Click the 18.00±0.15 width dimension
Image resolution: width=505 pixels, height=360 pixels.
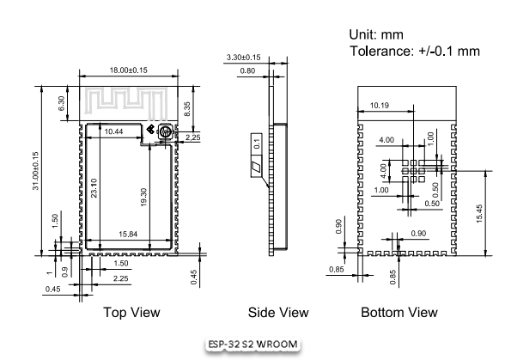(x=129, y=70)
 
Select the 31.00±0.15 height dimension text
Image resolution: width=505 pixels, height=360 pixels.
(x=36, y=171)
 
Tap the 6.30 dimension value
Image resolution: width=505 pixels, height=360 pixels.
(x=61, y=103)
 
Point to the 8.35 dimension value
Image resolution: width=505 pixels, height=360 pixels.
(x=187, y=109)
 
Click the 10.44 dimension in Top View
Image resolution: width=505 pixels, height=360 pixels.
(x=113, y=131)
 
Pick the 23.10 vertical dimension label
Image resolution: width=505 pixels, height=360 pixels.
(x=94, y=188)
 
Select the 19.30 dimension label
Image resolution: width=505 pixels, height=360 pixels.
(x=143, y=198)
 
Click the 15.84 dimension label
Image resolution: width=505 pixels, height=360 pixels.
(x=128, y=234)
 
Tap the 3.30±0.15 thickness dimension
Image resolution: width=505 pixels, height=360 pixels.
(x=244, y=58)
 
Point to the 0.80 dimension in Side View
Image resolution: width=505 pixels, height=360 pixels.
(x=247, y=70)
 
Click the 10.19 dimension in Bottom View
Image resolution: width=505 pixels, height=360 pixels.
(x=380, y=106)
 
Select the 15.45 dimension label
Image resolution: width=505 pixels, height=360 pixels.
(x=479, y=214)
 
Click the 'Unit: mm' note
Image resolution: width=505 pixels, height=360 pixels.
(x=376, y=34)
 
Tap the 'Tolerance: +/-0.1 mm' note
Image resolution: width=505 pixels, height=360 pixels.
(x=415, y=51)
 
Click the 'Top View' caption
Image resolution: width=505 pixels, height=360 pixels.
(x=131, y=312)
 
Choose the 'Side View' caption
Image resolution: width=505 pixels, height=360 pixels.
(x=278, y=312)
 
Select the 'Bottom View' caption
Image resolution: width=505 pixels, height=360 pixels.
(x=399, y=312)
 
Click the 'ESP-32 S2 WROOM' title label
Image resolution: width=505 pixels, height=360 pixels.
(x=252, y=345)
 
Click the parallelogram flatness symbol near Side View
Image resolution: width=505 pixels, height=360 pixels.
(x=256, y=168)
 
